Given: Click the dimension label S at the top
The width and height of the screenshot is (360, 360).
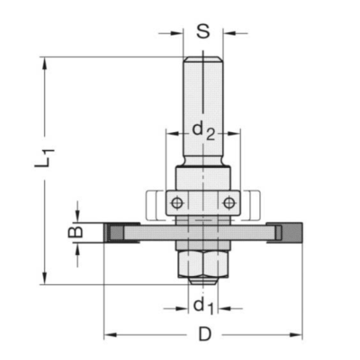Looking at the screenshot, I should (x=202, y=31).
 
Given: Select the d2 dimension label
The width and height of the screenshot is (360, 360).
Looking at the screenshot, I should (x=203, y=130).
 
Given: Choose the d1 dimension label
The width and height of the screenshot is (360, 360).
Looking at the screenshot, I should (x=202, y=306).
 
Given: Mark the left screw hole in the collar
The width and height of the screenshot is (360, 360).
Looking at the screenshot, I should (x=175, y=202).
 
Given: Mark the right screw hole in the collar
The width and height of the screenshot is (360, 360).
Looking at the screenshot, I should (x=228, y=202).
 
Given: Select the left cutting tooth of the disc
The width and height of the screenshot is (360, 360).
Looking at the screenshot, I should (x=118, y=233).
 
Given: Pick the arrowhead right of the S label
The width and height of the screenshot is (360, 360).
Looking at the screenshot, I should (x=227, y=32).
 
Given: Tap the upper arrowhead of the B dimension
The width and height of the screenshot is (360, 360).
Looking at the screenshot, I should (x=76, y=218).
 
